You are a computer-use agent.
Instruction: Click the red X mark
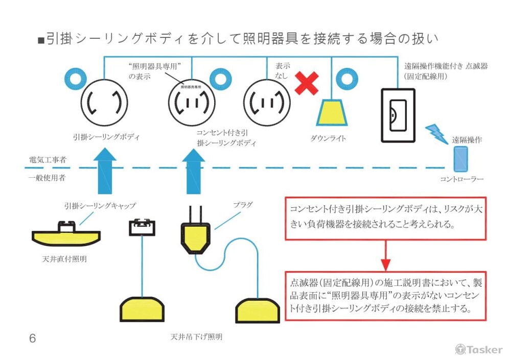tap(307, 83)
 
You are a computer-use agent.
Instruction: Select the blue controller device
tap(461, 159)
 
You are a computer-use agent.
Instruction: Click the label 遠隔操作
tap(467, 139)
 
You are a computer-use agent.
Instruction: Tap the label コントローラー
tap(461, 179)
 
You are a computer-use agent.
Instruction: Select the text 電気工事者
tap(47, 160)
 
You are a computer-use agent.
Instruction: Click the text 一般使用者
tap(47, 178)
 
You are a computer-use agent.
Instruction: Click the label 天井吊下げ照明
tap(197, 338)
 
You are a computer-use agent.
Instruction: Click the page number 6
tap(33, 339)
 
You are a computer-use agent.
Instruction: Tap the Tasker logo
tap(478, 350)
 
